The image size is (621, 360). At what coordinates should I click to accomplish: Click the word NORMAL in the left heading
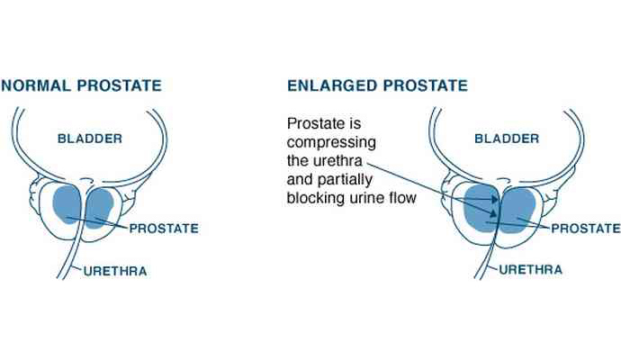[x=36, y=85]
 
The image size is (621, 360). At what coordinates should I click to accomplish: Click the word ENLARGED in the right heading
[x=332, y=85]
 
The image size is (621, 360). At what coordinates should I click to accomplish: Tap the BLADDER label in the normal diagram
[x=90, y=139]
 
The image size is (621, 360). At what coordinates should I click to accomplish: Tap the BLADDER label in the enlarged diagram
[x=507, y=139]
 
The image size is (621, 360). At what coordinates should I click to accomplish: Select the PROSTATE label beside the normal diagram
[x=164, y=229]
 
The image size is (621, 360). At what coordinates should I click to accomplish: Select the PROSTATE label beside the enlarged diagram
[x=586, y=229]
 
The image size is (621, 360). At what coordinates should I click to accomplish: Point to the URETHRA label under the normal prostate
[x=115, y=271]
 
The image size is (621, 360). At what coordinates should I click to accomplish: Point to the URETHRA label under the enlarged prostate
[x=531, y=270]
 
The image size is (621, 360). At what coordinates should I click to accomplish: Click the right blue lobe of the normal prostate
[x=99, y=208]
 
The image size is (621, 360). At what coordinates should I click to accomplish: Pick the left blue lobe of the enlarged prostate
[x=480, y=208]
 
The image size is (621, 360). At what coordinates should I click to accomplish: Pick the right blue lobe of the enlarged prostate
[x=518, y=210]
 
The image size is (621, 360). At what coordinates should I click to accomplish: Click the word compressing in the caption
[x=331, y=142]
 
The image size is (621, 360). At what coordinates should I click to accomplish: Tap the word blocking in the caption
[x=316, y=198]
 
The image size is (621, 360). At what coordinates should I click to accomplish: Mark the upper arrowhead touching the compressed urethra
[x=495, y=199]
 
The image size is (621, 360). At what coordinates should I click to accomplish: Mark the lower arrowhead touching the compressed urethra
[x=493, y=214]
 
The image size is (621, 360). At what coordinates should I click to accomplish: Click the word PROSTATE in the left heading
[x=119, y=85]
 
